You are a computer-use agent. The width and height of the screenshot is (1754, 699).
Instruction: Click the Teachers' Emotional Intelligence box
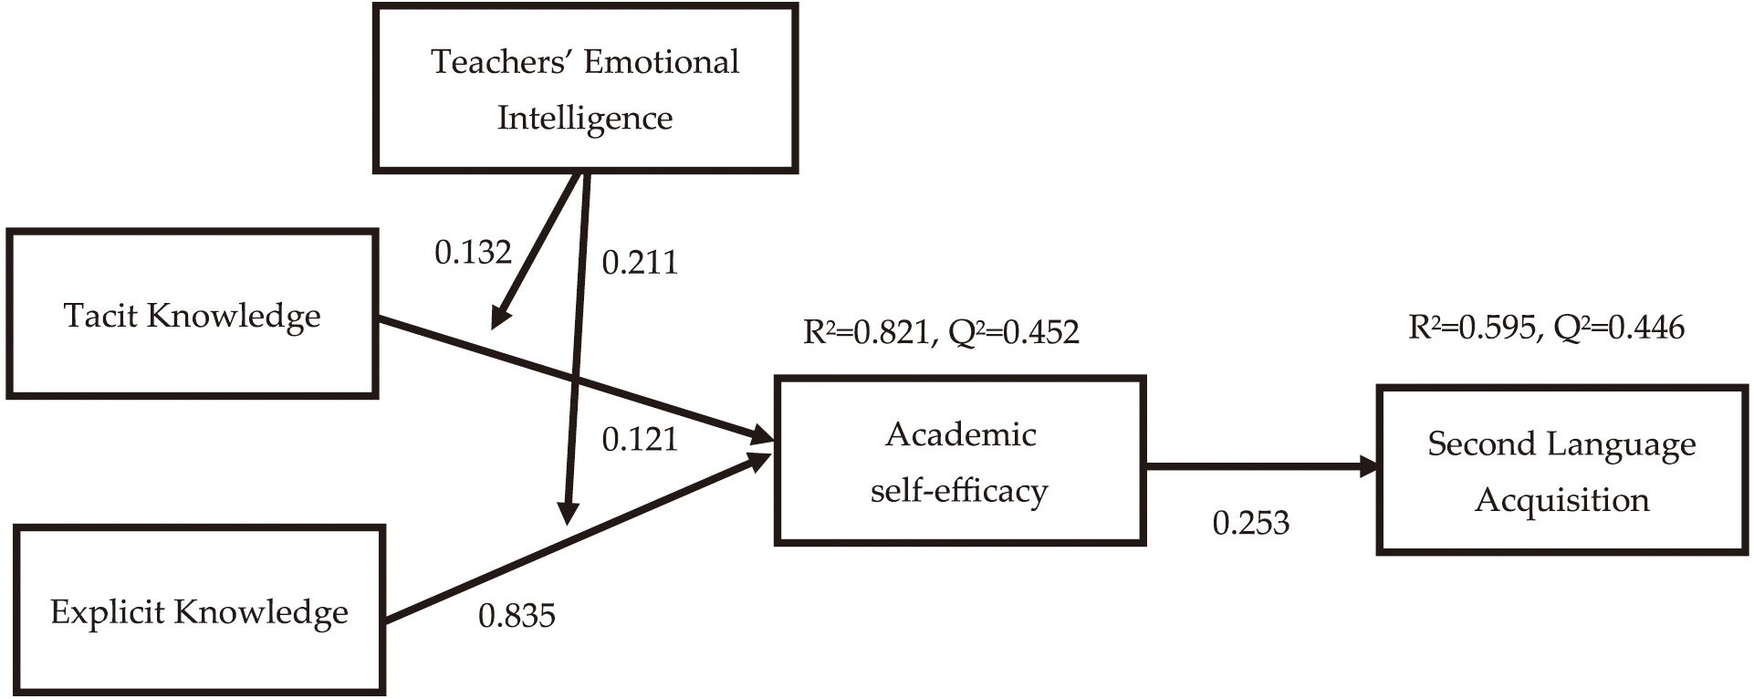(585, 89)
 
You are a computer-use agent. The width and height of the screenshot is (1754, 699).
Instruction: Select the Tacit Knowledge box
(192, 314)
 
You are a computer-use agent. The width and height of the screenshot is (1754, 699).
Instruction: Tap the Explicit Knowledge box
(199, 610)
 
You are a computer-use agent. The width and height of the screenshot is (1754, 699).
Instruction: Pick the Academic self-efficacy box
(959, 461)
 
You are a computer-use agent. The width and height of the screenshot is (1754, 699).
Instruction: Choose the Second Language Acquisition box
(1561, 470)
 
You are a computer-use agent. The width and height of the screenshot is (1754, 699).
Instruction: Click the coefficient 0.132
(473, 252)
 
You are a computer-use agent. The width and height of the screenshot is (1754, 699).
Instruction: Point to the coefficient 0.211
(640, 263)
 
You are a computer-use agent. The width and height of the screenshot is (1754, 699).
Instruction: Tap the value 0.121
(640, 440)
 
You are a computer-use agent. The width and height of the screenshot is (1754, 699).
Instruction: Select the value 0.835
(517, 616)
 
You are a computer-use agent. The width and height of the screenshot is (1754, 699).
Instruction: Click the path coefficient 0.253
(1250, 523)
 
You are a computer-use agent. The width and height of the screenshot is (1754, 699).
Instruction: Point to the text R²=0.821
(866, 332)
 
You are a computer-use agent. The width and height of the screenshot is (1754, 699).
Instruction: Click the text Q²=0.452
(1014, 332)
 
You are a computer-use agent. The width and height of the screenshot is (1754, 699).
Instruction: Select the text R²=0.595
(1472, 328)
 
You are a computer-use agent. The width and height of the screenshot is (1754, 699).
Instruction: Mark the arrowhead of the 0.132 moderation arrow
(500, 318)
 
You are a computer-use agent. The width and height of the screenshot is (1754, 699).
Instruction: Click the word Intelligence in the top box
(585, 118)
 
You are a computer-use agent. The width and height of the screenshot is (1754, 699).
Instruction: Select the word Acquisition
(1561, 500)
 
